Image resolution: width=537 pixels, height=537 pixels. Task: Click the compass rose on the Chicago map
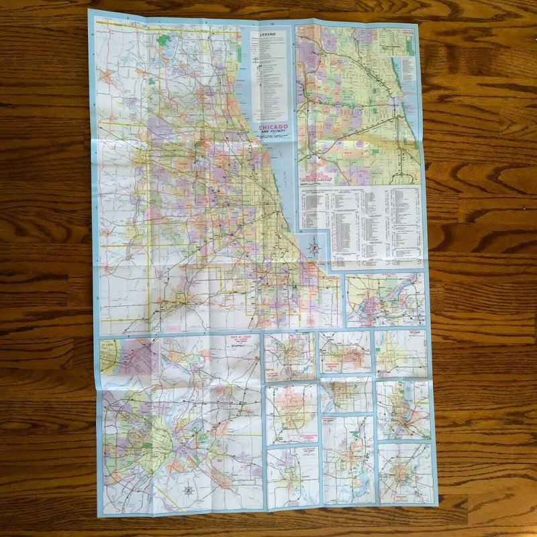tap(313, 247)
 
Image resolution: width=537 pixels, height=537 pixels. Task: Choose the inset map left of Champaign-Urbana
tap(289, 356)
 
